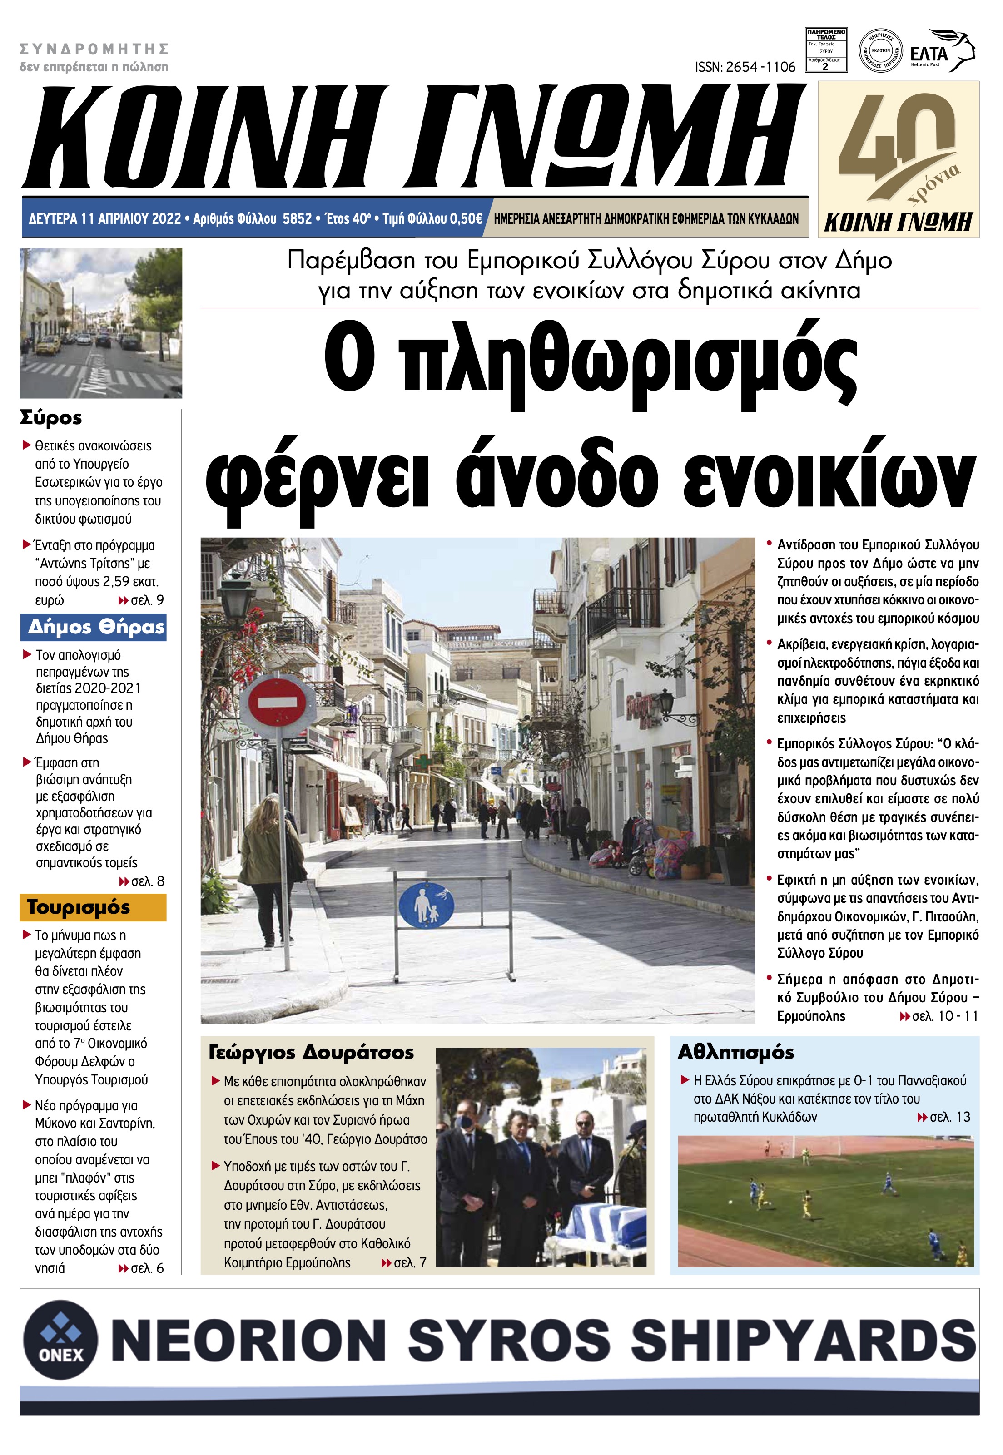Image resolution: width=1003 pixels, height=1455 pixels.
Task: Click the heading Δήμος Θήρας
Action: [95, 627]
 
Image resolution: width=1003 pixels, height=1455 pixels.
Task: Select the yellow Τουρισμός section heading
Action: [79, 908]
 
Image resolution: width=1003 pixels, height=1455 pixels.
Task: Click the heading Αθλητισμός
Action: [736, 1052]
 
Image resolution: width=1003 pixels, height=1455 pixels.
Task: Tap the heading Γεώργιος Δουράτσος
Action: [312, 1052]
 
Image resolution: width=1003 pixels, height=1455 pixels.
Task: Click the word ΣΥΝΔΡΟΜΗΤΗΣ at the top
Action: [94, 49]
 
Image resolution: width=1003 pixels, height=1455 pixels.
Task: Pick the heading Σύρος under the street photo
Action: [51, 418]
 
